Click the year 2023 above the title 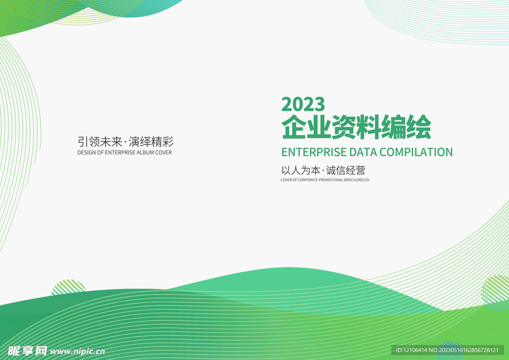pyautogui.click(x=303, y=104)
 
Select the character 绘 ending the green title pyautogui.click(x=419, y=127)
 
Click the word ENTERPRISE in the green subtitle pyautogui.click(x=314, y=152)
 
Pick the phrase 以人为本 pyautogui.click(x=300, y=170)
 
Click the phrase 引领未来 pyautogui.click(x=99, y=141)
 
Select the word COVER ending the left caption pyautogui.click(x=164, y=153)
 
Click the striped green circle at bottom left pyautogui.click(x=69, y=287)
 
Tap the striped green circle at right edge pyautogui.click(x=496, y=291)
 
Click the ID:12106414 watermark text pyautogui.click(x=411, y=351)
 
